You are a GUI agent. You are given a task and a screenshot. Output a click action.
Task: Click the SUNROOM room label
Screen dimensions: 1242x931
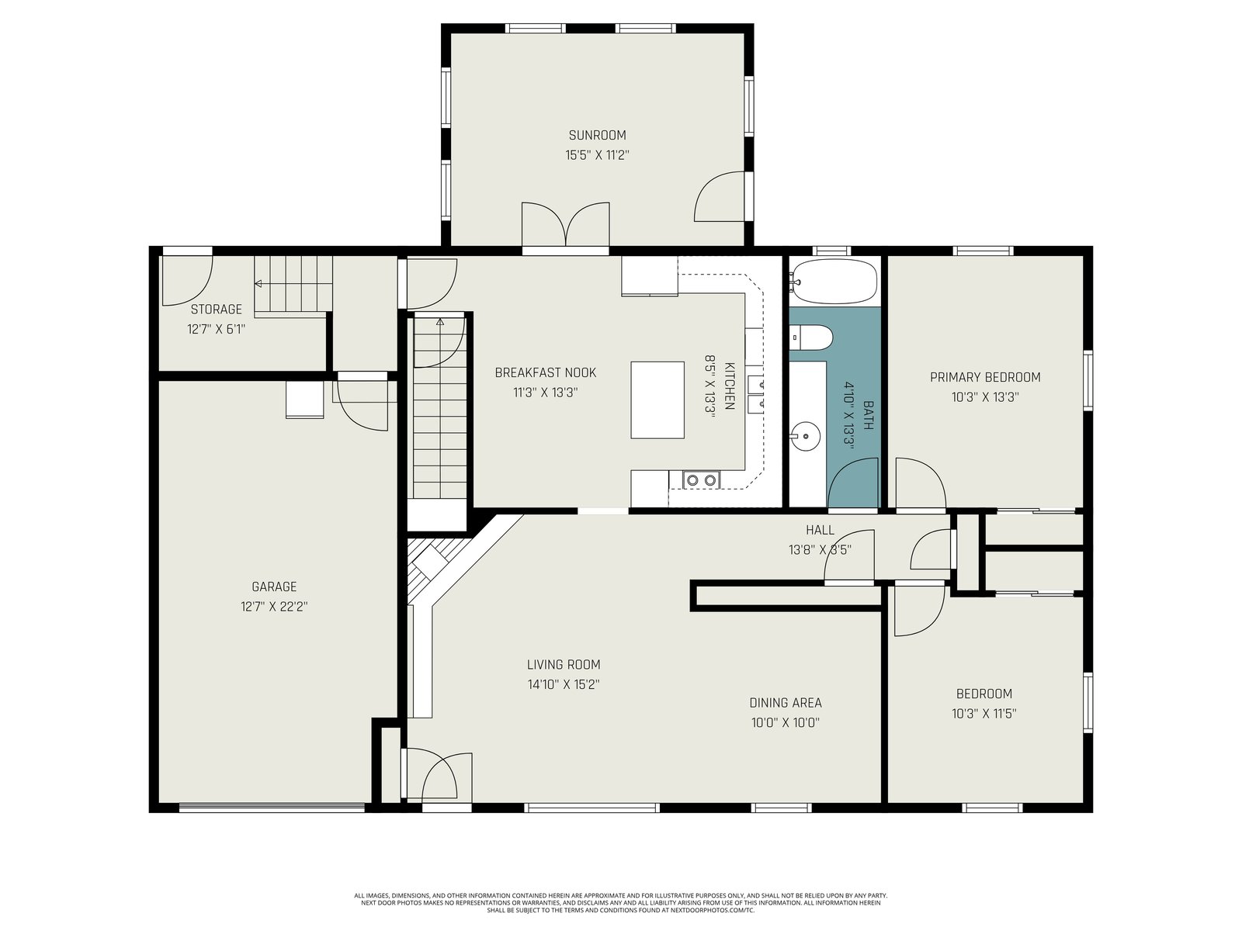tap(597, 135)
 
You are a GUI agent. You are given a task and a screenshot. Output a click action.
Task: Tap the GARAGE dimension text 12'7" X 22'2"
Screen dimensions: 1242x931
tap(274, 607)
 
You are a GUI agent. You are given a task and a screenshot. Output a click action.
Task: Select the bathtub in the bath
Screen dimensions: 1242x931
tap(834, 282)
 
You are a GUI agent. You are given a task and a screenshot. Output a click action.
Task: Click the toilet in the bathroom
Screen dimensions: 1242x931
tap(811, 337)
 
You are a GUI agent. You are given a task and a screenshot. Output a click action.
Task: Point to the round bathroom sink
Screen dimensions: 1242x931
tap(805, 437)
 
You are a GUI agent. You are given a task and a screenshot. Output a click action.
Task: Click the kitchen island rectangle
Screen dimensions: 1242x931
tap(657, 400)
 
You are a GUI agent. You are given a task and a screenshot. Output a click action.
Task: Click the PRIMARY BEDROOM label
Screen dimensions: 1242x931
tap(985, 377)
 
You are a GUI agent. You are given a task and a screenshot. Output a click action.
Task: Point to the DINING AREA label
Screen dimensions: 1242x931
tap(786, 703)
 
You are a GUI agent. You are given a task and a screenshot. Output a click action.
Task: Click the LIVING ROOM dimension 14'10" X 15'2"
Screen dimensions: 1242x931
tap(564, 684)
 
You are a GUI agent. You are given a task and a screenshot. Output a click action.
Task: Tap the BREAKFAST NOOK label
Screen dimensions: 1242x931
tap(546, 372)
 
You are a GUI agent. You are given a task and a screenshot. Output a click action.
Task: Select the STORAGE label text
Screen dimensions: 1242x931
tap(216, 310)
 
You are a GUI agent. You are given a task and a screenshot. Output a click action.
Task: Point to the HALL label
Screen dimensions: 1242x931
tap(820, 530)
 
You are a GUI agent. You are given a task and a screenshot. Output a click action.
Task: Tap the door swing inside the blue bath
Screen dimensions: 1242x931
tap(853, 483)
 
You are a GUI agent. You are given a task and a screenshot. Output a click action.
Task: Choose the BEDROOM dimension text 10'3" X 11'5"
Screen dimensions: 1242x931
tap(984, 713)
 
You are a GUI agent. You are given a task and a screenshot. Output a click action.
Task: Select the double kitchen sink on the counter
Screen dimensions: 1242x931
tap(755, 394)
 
